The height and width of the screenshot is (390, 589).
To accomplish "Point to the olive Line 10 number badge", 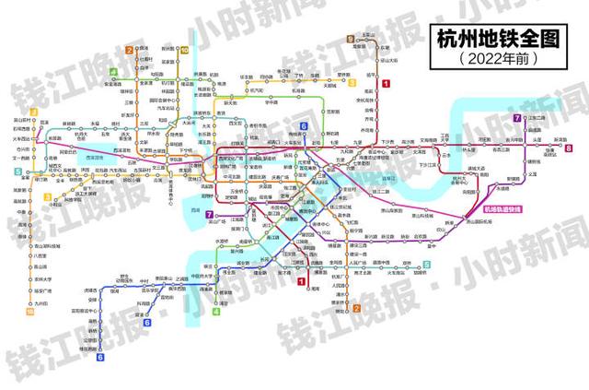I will point(184,51).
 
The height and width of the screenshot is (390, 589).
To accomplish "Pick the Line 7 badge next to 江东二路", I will point(517,118).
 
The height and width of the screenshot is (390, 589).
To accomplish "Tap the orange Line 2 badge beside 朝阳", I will point(355,308).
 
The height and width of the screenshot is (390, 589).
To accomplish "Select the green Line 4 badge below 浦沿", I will point(216,312).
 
